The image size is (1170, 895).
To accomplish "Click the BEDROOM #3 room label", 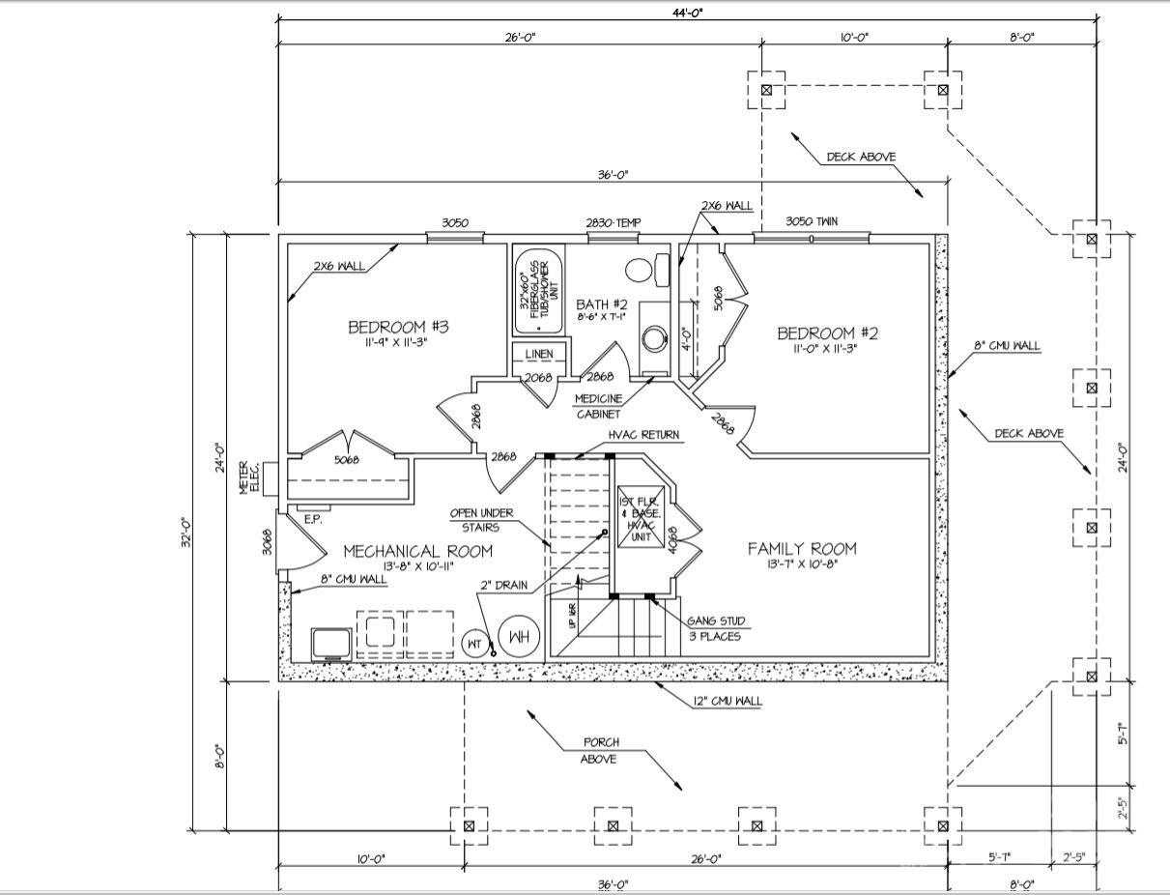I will (x=398, y=328).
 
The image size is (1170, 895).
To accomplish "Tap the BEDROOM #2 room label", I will (x=828, y=333).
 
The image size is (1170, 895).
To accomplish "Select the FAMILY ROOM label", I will (x=801, y=549).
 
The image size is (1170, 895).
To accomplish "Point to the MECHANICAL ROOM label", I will (x=418, y=551).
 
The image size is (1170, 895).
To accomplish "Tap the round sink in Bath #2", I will (x=655, y=337).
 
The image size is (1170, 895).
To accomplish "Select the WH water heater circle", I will (x=519, y=637).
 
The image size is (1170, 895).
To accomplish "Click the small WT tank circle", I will (x=474, y=642).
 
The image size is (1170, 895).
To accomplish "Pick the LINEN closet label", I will (x=538, y=355).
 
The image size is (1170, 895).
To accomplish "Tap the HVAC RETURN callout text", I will (x=643, y=435).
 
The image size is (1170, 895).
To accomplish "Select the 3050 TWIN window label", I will (x=812, y=222).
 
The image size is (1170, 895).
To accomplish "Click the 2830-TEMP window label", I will (x=614, y=223).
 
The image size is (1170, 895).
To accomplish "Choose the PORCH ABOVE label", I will (x=600, y=750).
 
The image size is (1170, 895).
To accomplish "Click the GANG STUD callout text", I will (x=715, y=628).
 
